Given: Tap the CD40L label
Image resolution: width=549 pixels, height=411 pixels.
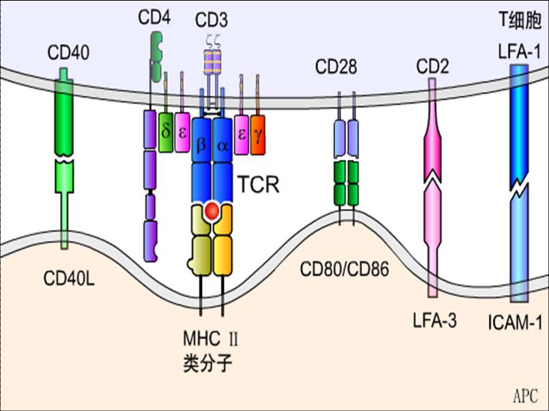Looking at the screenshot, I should [x=68, y=279].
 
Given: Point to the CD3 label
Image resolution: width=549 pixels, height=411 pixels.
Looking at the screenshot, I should [x=212, y=17].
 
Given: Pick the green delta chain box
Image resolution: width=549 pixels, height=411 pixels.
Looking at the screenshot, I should [x=166, y=131].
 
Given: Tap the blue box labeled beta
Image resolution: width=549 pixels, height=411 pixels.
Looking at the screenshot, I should [x=201, y=145].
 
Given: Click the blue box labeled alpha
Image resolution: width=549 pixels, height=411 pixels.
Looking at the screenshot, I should [x=222, y=145].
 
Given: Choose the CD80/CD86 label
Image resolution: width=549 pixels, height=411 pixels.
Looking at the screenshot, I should [x=344, y=268].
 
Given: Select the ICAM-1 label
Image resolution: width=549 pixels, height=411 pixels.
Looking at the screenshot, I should [x=517, y=321].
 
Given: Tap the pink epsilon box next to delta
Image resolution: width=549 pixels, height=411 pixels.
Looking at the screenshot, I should [x=182, y=131].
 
